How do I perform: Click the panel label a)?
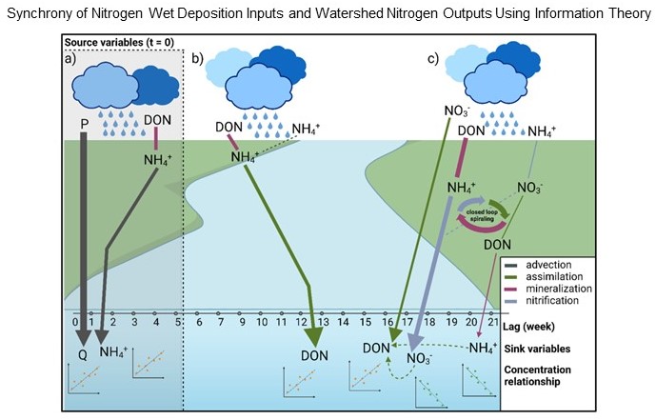(x=70, y=59)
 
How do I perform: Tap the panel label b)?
(x=198, y=59)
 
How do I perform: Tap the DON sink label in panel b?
(x=314, y=354)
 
